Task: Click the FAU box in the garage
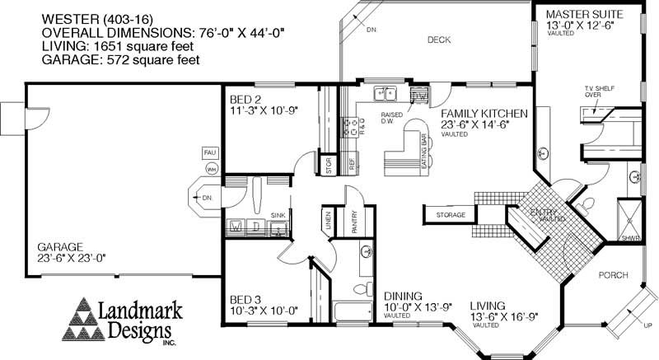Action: tap(209, 152)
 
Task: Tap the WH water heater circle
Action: tap(211, 169)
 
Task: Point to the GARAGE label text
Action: tap(60, 246)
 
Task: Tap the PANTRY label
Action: tap(353, 224)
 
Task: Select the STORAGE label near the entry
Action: tap(451, 215)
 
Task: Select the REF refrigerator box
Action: tap(352, 165)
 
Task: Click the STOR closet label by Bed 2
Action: tap(328, 165)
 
